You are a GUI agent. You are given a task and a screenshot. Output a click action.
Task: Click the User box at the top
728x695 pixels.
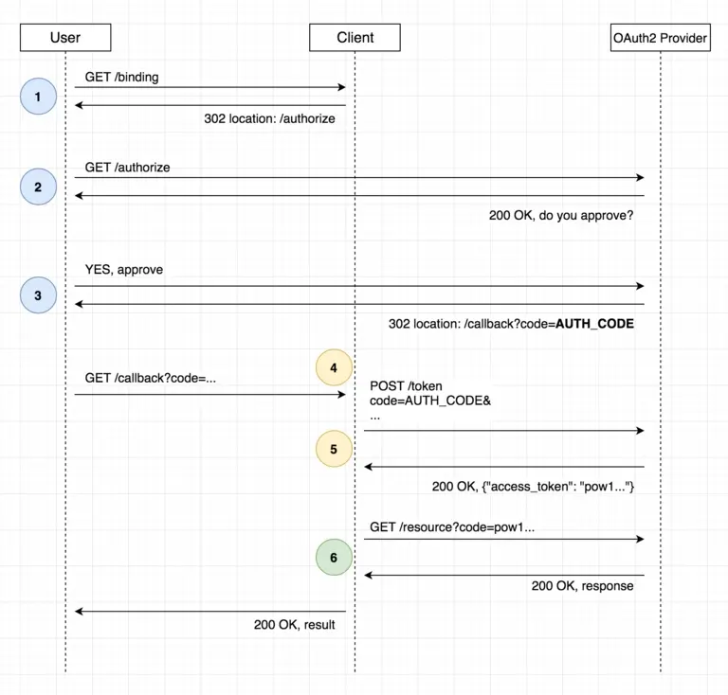[64, 38]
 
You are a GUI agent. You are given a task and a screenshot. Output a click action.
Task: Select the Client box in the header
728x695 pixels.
[355, 38]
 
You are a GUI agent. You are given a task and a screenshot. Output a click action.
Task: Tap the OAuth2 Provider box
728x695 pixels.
[660, 38]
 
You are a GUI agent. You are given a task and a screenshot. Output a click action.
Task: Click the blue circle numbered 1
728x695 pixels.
[38, 97]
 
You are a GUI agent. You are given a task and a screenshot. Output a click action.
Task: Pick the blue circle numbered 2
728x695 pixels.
[38, 187]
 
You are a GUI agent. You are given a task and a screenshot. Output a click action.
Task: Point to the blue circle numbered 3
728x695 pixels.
[38, 295]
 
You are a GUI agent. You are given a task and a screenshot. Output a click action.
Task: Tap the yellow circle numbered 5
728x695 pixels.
[334, 450]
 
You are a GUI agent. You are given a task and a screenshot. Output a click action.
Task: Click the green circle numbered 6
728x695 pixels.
[334, 559]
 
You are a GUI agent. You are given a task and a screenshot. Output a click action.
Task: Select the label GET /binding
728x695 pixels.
[122, 78]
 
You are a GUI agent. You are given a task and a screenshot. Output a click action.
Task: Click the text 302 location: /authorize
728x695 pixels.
[269, 119]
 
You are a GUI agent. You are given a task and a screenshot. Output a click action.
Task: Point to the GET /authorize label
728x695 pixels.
[127, 168]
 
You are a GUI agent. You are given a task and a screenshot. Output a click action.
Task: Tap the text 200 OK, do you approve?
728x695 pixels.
[561, 216]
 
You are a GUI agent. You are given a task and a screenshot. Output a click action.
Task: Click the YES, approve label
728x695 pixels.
[124, 270]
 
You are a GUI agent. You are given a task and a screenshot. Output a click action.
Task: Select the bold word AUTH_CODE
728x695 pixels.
[593, 324]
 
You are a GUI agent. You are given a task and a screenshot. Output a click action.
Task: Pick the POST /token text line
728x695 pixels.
[406, 385]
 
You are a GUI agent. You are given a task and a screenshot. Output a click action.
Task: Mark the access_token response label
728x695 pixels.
[532, 487]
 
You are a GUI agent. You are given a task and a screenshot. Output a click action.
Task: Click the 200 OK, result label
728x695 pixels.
[294, 625]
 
